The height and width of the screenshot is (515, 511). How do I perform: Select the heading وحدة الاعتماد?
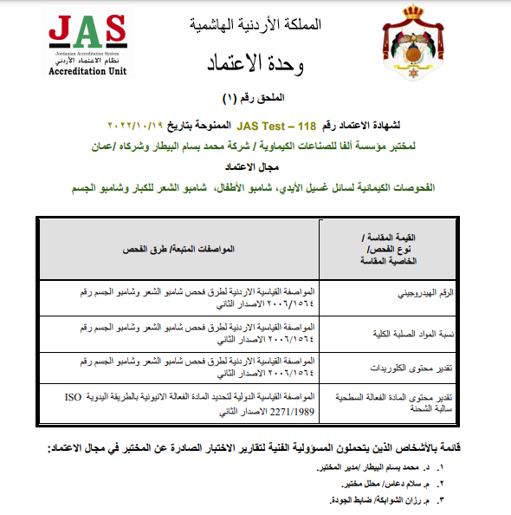pyautogui.click(x=261, y=62)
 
